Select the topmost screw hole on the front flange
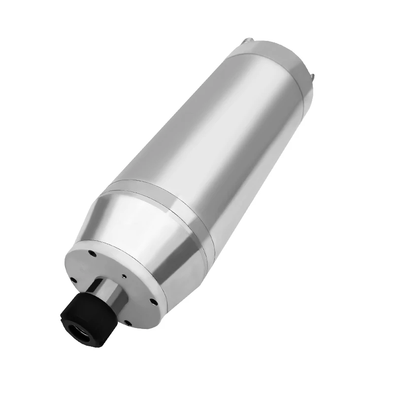coord(92,255)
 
